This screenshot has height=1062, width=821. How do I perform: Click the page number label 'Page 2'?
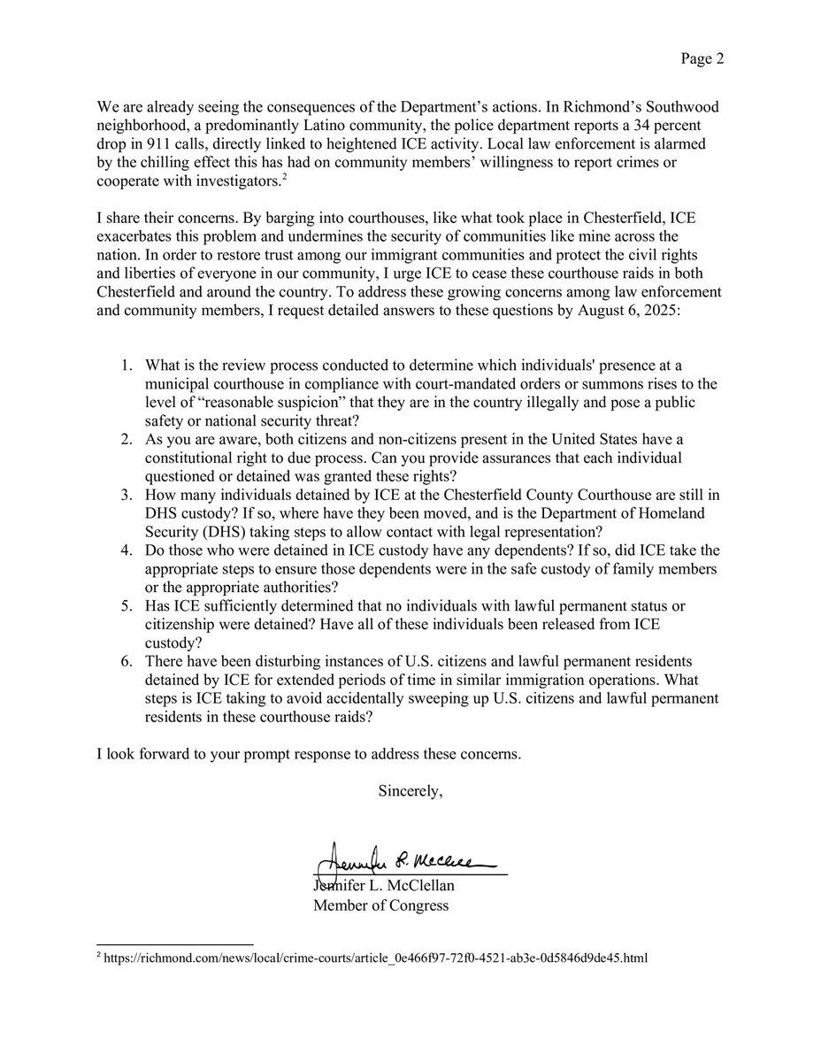pos(702,59)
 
